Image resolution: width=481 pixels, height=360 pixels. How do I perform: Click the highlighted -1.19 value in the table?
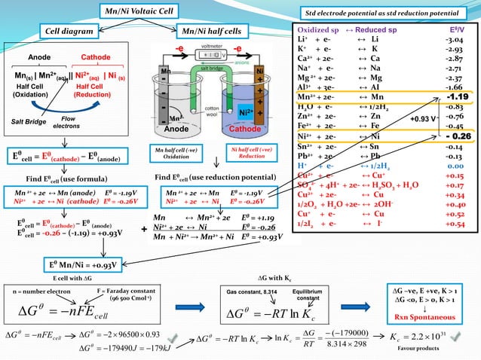pyautogui.click(x=457, y=96)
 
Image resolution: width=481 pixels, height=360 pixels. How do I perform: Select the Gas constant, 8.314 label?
pyautogui.click(x=252, y=290)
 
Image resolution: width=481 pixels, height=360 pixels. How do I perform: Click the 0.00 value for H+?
pyautogui.click(x=455, y=165)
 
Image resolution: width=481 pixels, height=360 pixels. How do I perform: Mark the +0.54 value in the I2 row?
pyautogui.click(x=455, y=224)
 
